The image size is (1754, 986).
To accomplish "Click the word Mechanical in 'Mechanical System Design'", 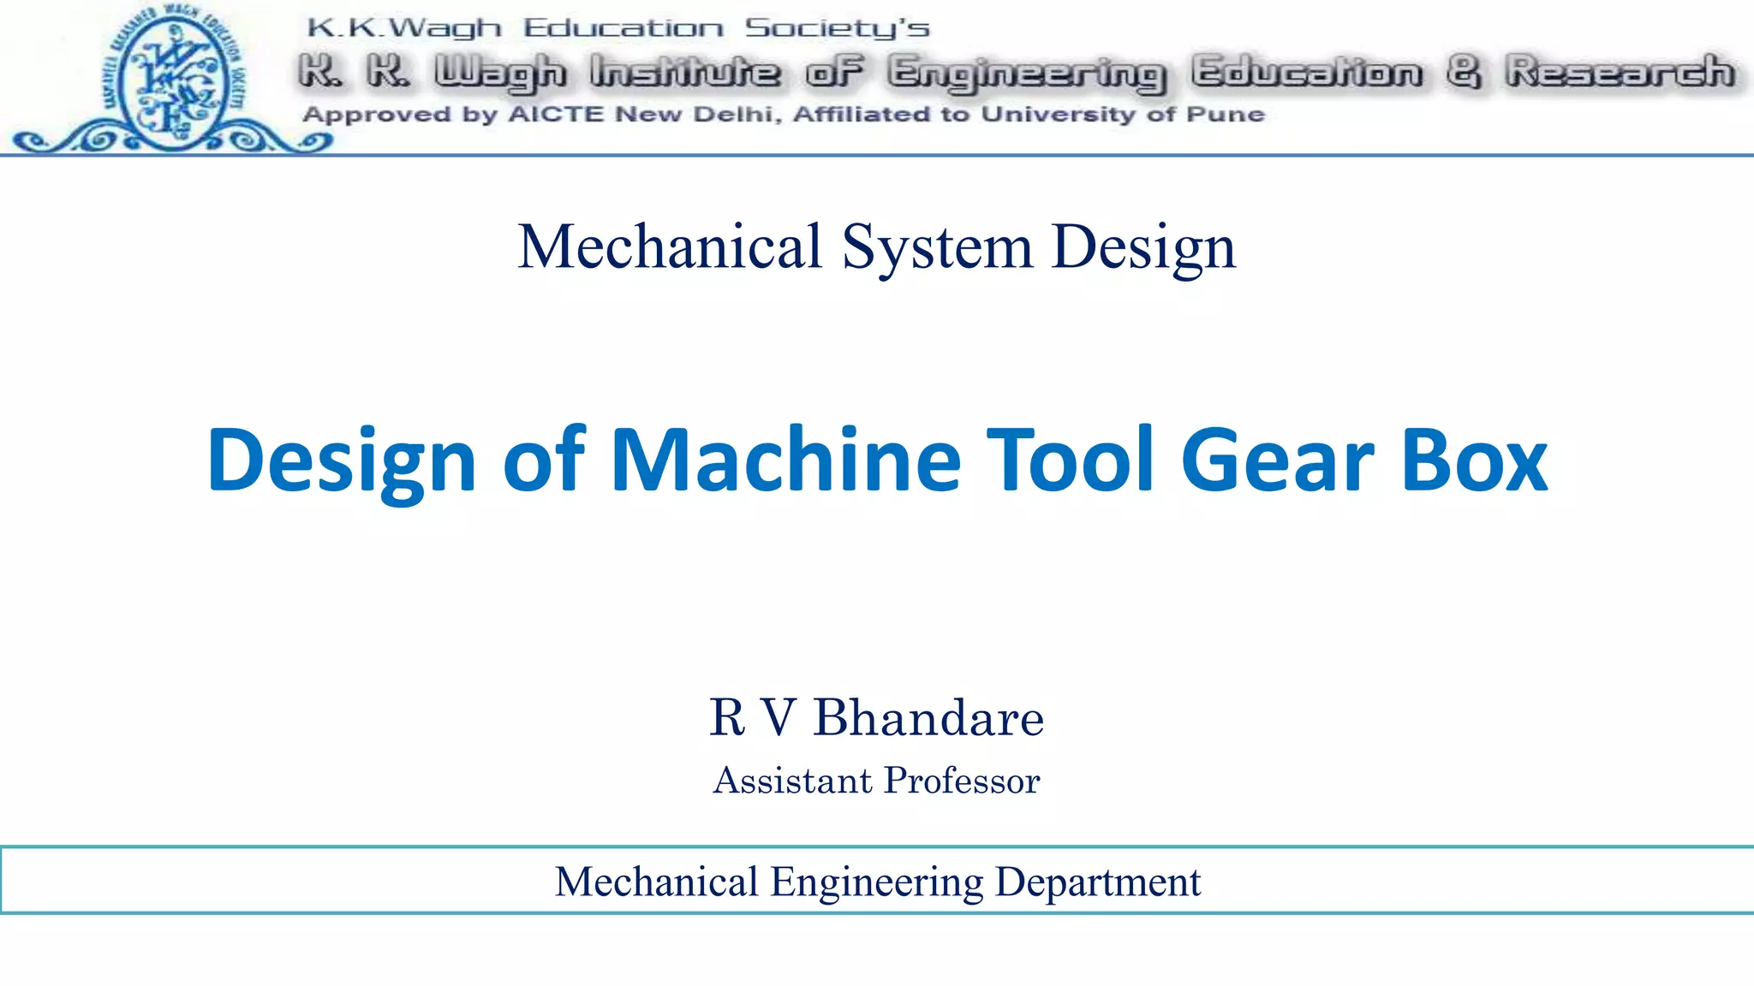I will click(670, 246).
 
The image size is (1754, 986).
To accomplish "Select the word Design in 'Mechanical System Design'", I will click(1143, 246).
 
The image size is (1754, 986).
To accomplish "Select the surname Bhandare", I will click(928, 717).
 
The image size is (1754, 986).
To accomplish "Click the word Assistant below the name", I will click(792, 781).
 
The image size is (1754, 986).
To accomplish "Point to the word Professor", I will click(962, 781).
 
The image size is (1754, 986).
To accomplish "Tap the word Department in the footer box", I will click(1098, 882).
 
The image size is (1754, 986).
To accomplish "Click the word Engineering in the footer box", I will click(877, 882).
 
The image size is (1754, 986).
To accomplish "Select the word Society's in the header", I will click(837, 28).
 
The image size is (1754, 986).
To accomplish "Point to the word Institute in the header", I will click(684, 72).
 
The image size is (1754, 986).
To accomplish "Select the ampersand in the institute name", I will click(1464, 72).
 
